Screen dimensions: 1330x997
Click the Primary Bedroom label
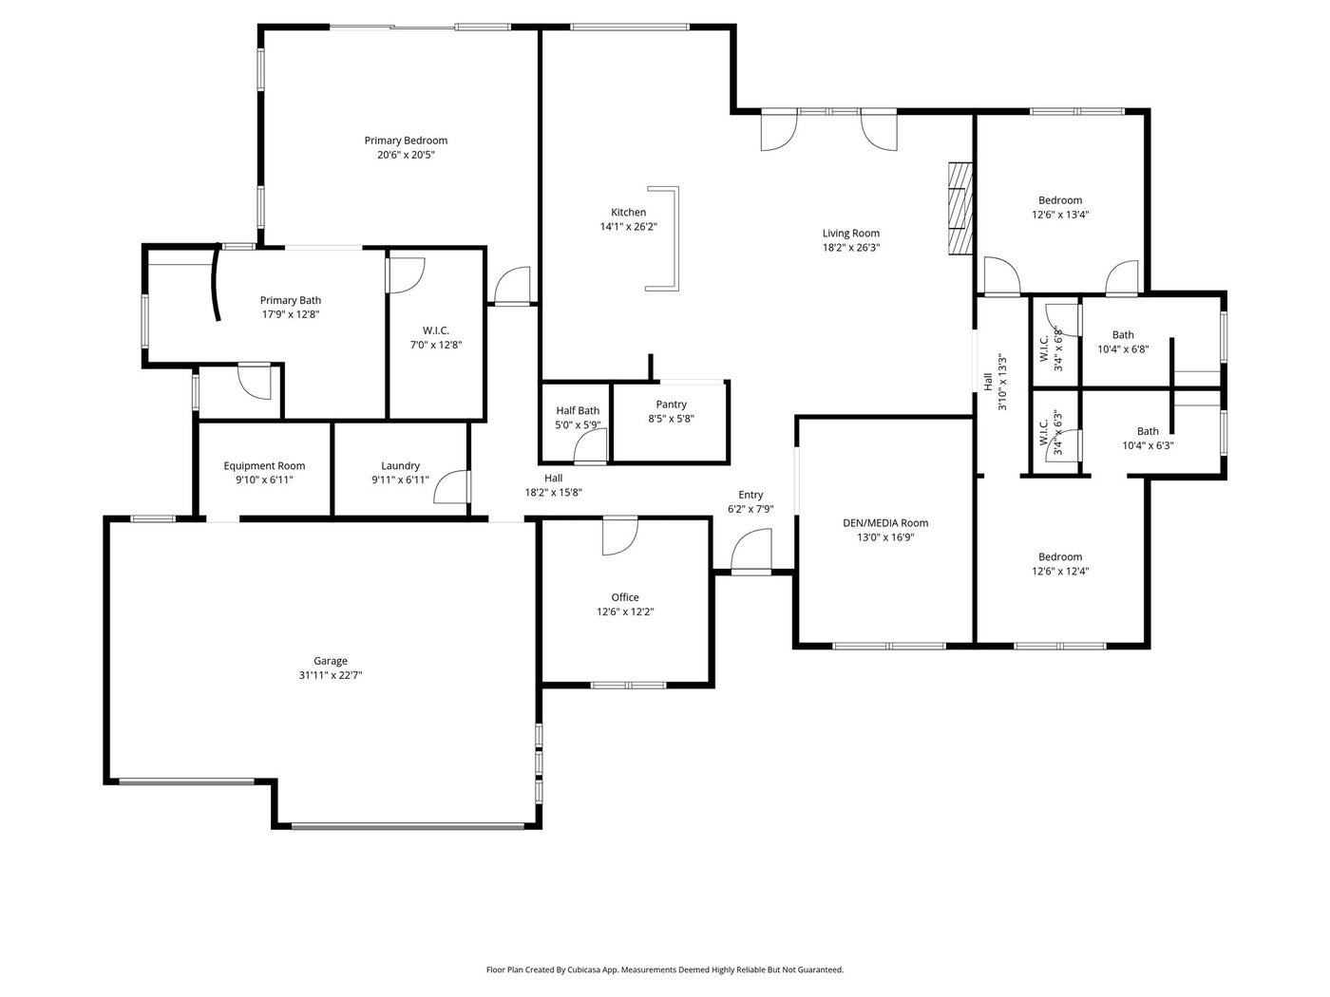(406, 141)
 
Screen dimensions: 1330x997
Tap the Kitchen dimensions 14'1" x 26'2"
(628, 227)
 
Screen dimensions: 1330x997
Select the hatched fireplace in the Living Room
(959, 208)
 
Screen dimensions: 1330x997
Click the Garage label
(331, 661)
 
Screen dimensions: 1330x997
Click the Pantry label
(671, 404)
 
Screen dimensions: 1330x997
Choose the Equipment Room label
(264, 465)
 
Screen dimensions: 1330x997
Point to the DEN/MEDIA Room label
(885, 523)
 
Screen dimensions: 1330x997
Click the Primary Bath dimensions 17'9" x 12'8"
(291, 315)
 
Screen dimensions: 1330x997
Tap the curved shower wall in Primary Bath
(215, 283)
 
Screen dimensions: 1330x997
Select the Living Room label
(850, 233)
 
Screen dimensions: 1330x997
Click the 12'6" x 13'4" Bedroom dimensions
(1060, 215)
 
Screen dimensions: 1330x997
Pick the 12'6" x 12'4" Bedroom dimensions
(1060, 571)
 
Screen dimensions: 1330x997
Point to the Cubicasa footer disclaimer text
(665, 969)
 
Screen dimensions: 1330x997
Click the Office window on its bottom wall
(628, 686)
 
